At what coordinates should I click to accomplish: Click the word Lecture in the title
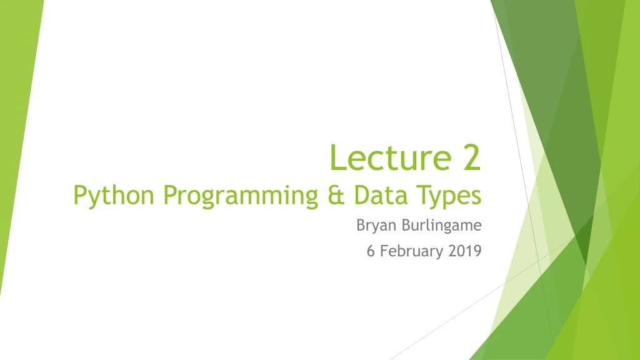tap(392, 157)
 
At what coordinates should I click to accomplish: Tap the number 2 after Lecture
tap(472, 157)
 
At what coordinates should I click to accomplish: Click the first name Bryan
tap(376, 226)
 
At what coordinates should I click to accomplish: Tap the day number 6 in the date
tap(370, 251)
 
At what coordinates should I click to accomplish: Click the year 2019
tap(466, 251)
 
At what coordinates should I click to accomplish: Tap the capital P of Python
tap(79, 195)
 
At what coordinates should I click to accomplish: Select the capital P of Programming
tap(169, 195)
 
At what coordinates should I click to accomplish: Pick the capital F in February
tap(384, 251)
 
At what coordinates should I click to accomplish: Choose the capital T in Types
tap(425, 195)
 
